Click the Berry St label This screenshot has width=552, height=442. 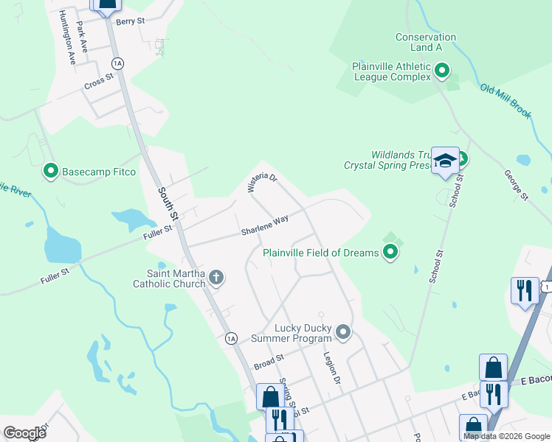tap(130, 22)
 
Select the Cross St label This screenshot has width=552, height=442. tap(98, 80)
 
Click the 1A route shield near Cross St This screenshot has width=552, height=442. tap(117, 63)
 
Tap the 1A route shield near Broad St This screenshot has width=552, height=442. tap(231, 338)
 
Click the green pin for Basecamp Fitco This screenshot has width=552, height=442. tap(51, 172)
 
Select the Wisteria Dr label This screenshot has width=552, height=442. tap(261, 183)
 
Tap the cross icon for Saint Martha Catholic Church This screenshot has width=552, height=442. tap(215, 278)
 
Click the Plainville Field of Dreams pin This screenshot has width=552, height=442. tap(390, 253)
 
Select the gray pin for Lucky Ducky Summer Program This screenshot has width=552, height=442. tap(342, 332)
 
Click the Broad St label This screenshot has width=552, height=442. tap(269, 361)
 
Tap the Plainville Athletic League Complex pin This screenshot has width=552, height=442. tap(442, 71)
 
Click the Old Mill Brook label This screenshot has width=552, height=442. tap(506, 101)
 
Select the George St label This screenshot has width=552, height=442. tap(517, 186)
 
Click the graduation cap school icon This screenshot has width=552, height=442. tap(445, 161)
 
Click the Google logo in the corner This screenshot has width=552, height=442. tap(24, 432)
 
